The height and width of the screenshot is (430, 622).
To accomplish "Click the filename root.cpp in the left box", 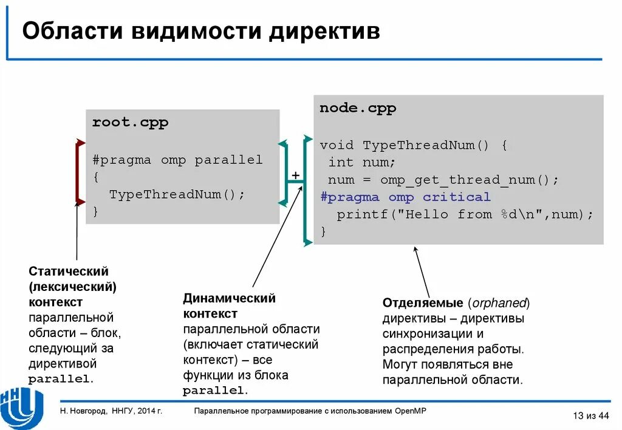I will [x=130, y=122].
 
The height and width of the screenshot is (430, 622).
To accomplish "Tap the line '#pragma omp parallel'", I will [x=177, y=160].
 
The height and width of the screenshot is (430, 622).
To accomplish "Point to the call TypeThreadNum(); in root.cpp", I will [x=177, y=194].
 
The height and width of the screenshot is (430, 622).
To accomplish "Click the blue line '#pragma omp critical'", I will [x=405, y=197].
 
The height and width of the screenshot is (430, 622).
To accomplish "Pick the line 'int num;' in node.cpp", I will [x=361, y=163].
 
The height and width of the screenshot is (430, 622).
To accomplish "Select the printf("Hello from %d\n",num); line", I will [x=465, y=214].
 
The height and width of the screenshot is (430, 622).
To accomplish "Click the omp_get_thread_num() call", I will [x=469, y=180].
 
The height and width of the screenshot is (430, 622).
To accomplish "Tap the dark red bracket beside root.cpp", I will [x=78, y=172].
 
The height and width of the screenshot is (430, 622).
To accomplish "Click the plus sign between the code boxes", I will [x=296, y=176].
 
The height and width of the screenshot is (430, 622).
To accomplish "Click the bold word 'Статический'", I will [x=69, y=271].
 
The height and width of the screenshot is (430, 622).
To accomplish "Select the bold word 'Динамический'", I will [x=229, y=298].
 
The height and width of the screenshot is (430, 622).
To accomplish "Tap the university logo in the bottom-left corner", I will [x=22, y=406].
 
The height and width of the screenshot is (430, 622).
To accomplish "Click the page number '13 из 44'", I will [x=590, y=415].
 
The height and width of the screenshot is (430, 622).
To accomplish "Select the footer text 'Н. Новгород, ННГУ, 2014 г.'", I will [x=111, y=411].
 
